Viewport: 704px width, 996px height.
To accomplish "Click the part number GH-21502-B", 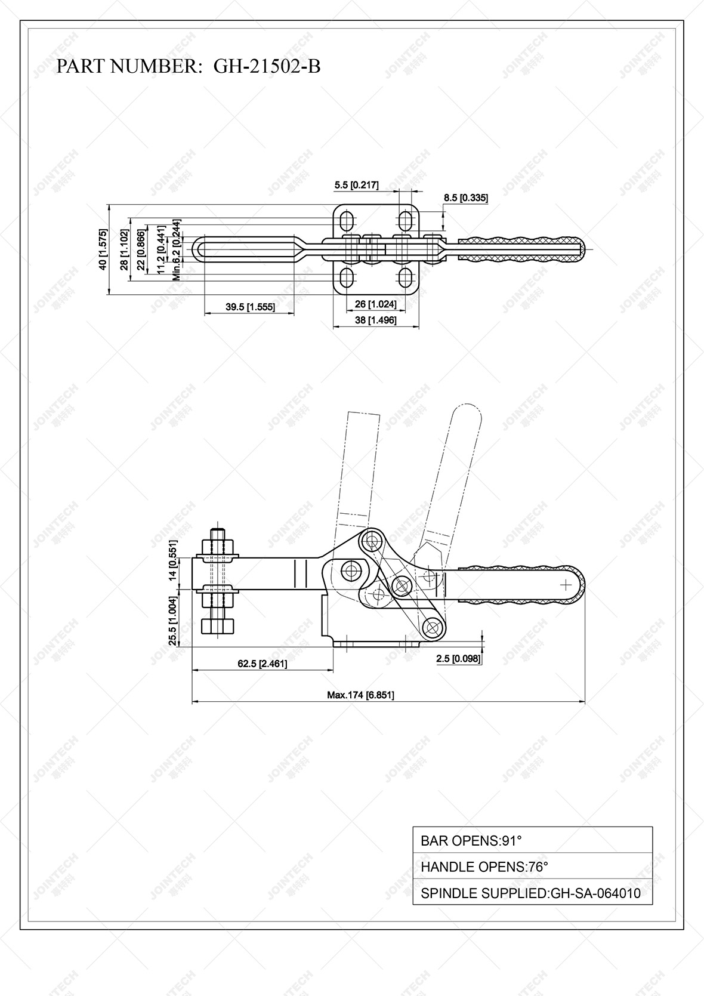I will [267, 66].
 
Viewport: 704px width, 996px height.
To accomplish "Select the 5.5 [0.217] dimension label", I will [356, 185].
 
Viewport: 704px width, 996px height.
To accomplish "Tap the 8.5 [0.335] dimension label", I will [466, 198].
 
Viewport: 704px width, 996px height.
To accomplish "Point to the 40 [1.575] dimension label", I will [104, 249].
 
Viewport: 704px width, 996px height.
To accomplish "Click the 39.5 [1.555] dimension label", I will [250, 307].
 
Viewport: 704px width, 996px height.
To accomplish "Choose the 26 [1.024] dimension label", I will [375, 304].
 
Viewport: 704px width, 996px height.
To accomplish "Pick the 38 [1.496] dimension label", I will [375, 320].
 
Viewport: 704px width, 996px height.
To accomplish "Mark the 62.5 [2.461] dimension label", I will [263, 663].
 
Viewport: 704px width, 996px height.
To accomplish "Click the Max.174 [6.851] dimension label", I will [360, 695].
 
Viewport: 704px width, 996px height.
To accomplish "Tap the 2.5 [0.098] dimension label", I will [458, 658].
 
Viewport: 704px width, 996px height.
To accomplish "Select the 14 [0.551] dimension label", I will [173, 560].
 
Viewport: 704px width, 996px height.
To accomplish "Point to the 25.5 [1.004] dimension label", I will [173, 621].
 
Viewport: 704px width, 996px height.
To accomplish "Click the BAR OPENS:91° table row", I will [532, 841].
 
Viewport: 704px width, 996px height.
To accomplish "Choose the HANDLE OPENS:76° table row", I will [532, 867].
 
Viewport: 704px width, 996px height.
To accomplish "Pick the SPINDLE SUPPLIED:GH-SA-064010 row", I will [532, 893].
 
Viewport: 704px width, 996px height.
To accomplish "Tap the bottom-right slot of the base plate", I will [405, 277].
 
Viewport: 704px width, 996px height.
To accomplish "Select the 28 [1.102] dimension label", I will [124, 250].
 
